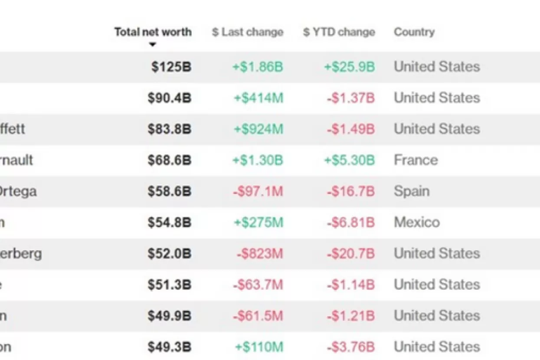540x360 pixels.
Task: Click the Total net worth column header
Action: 153,32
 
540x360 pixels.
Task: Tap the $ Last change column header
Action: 247,32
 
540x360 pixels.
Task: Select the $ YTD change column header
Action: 339,32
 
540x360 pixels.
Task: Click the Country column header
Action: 414,32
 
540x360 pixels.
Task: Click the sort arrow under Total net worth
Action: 152,45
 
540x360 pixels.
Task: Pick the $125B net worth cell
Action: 171,67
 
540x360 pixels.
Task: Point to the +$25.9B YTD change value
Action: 349,67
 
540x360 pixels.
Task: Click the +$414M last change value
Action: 259,98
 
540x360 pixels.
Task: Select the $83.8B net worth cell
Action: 169,129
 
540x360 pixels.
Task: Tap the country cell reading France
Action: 416,160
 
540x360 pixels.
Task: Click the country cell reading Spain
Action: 412,191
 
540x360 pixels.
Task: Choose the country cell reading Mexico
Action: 416,223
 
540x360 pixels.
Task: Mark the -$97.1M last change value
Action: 258,191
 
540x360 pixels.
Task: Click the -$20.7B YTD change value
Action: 350,254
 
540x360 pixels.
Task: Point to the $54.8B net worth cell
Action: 169,223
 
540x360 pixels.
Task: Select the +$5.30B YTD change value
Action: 349,160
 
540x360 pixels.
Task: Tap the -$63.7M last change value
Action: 258,285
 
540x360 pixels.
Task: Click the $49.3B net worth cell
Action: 169,347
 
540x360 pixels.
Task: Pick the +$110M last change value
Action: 259,347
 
